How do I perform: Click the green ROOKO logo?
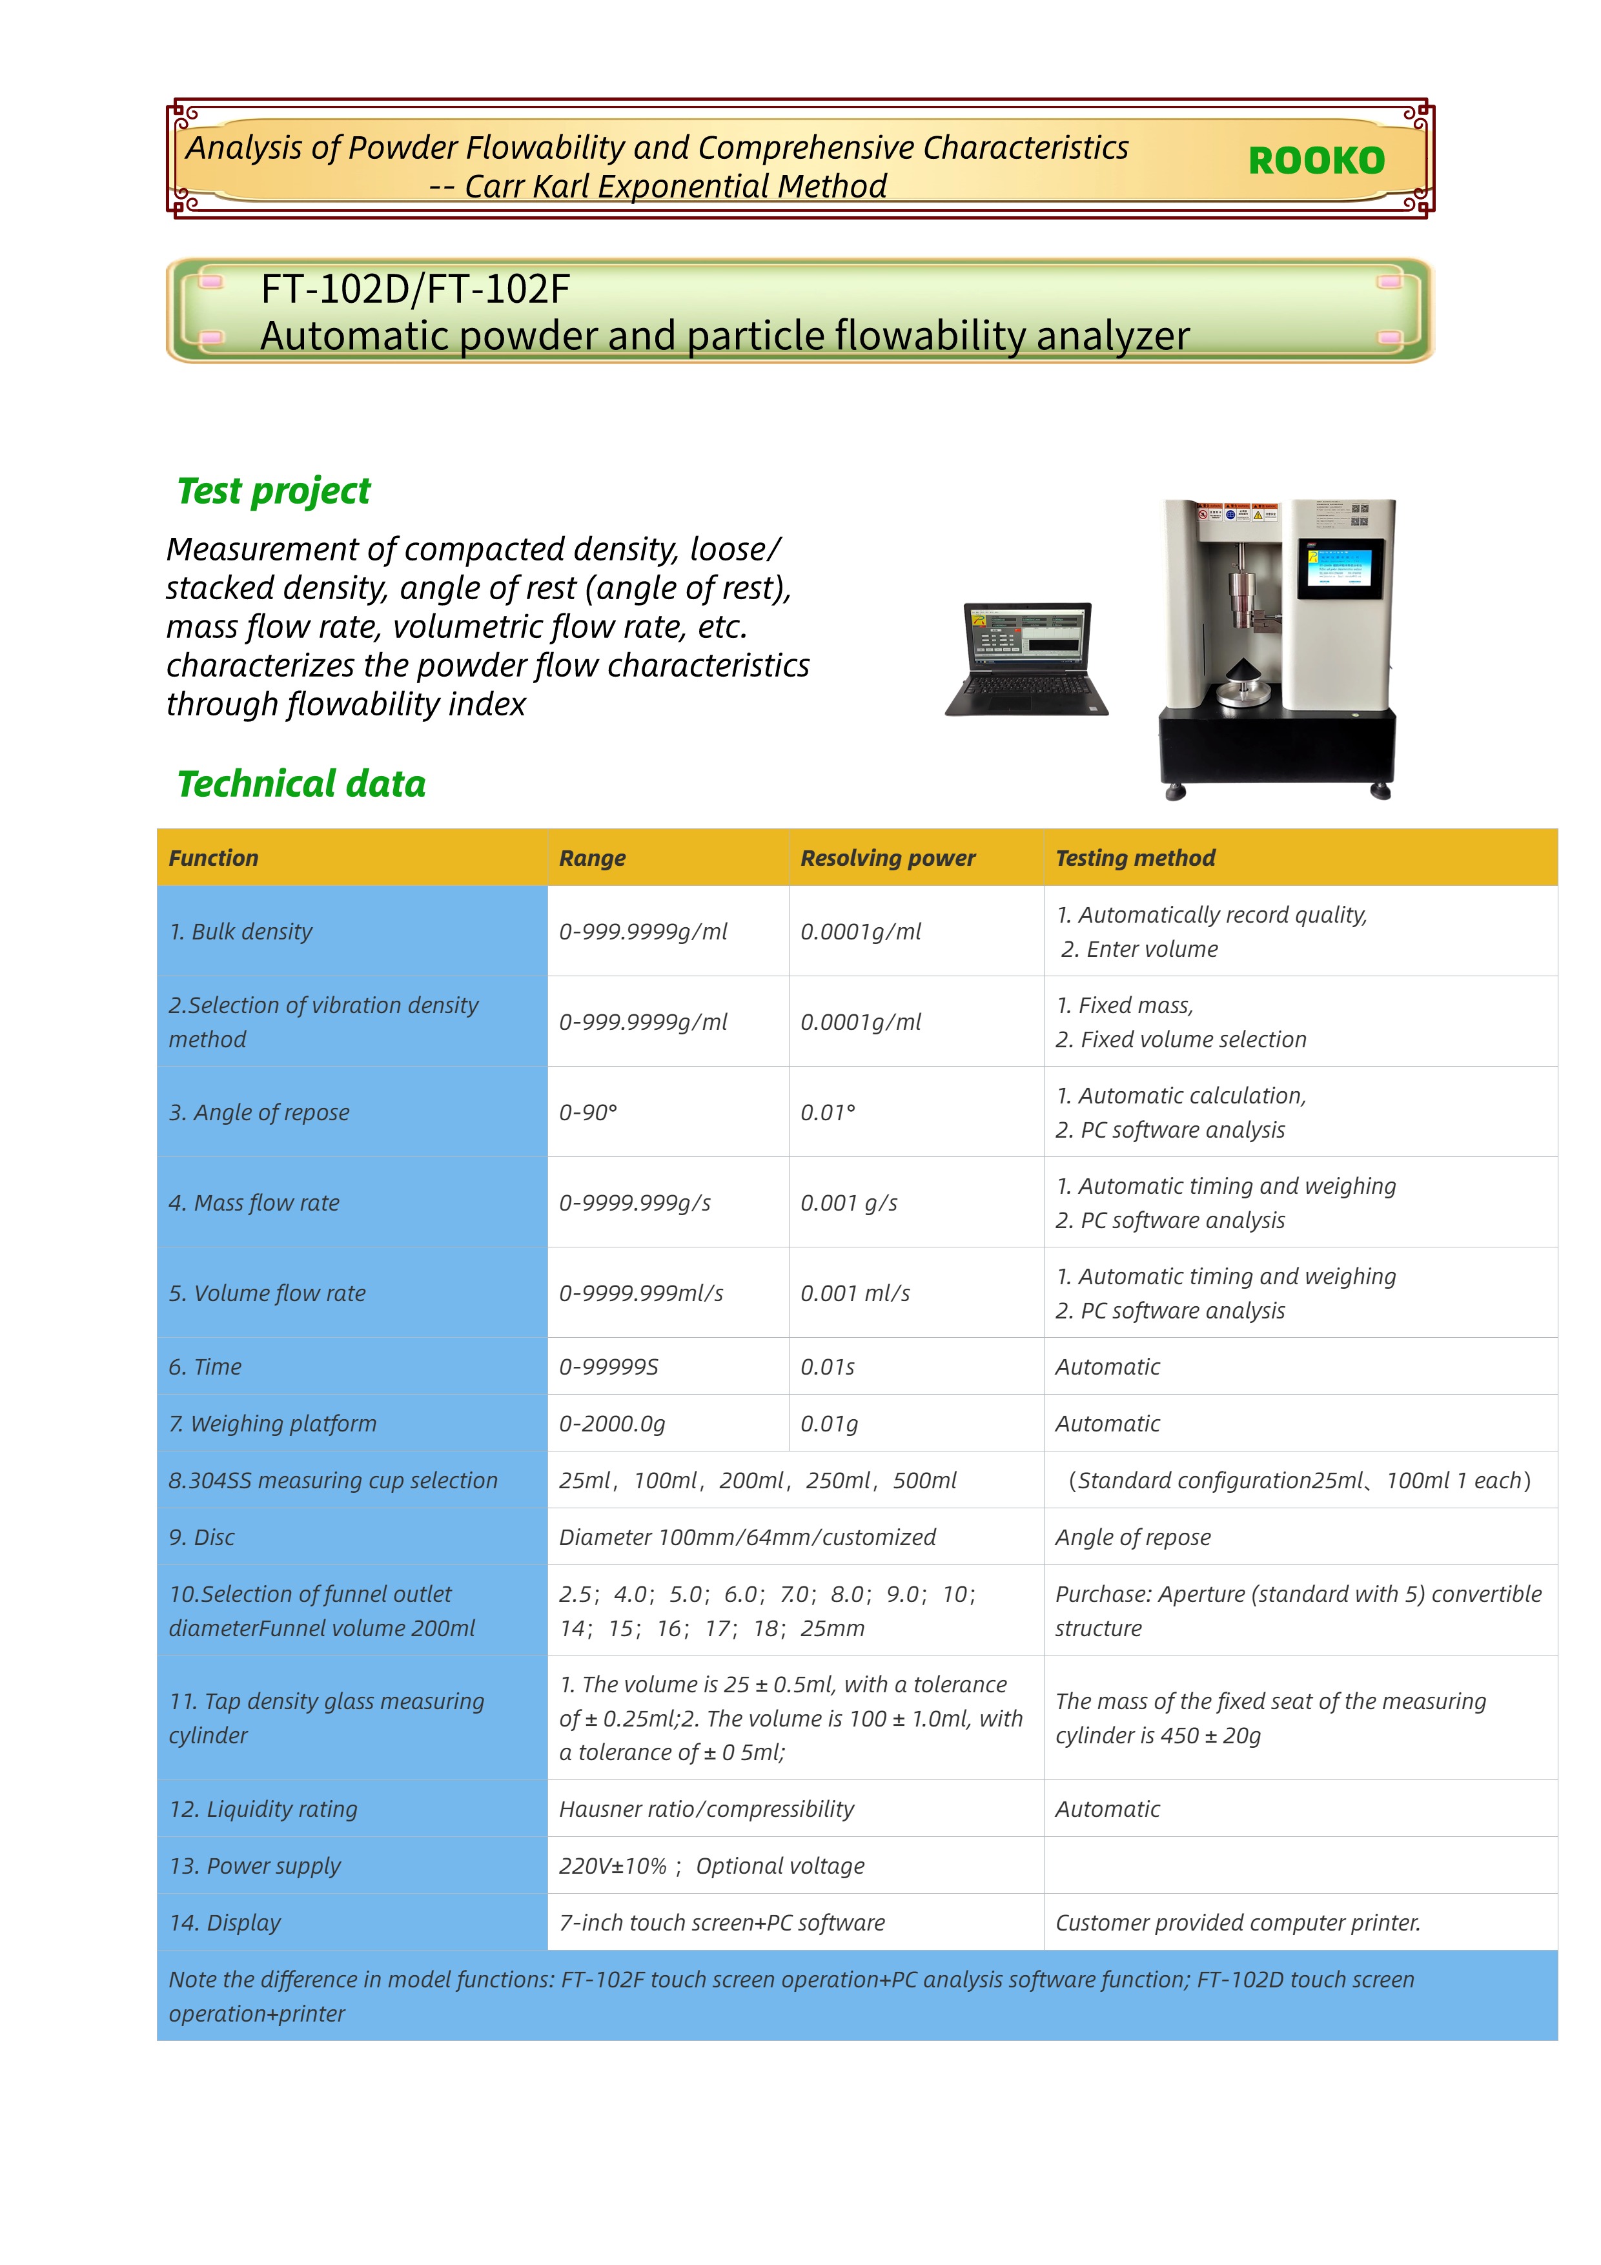point(1316,161)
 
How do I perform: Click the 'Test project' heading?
point(273,490)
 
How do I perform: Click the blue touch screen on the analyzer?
point(1340,569)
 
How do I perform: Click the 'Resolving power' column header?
point(887,858)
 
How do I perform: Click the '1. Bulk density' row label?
point(241,931)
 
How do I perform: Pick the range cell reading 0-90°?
point(588,1112)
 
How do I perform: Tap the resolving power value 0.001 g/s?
point(848,1202)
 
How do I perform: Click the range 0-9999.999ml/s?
point(641,1293)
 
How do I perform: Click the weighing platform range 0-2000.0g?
point(611,1424)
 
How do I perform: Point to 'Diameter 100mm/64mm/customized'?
point(747,1537)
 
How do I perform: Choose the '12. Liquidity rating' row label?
point(263,1809)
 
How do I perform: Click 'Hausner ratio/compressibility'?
point(706,1809)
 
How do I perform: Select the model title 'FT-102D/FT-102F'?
point(415,289)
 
